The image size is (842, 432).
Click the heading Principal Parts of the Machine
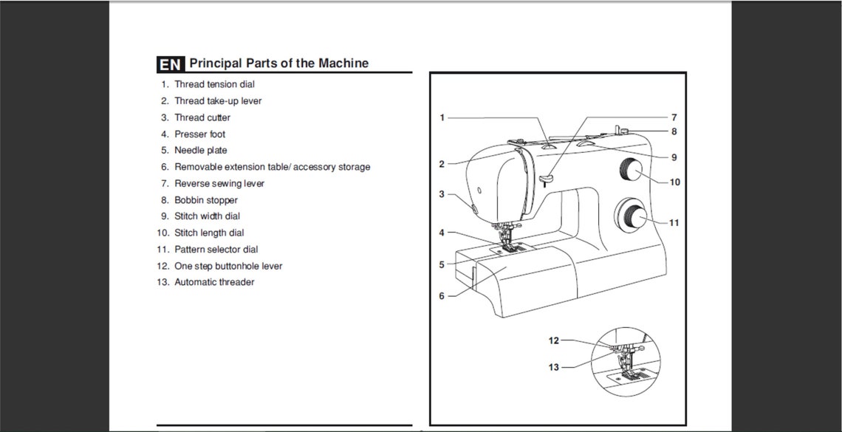coord(278,64)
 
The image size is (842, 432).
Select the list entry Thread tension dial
coord(214,84)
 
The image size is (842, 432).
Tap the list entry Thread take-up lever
coord(217,101)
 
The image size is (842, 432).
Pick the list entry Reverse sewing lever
coord(219,183)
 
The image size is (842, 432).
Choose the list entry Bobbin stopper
coord(205,200)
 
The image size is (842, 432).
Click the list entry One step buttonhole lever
coord(227,266)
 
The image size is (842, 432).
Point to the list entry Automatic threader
coord(214,282)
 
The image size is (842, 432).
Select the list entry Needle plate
coord(200,151)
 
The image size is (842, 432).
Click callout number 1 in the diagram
coord(442,117)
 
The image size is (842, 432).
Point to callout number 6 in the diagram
coord(442,296)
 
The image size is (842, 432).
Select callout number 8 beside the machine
coord(674,131)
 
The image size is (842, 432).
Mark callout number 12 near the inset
coord(554,340)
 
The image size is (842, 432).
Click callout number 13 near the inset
coord(554,367)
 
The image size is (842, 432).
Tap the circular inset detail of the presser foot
coord(625,362)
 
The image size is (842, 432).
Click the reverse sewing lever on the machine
coord(546,177)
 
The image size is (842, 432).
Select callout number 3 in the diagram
coord(442,194)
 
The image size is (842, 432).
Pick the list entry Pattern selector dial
coord(216,250)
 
